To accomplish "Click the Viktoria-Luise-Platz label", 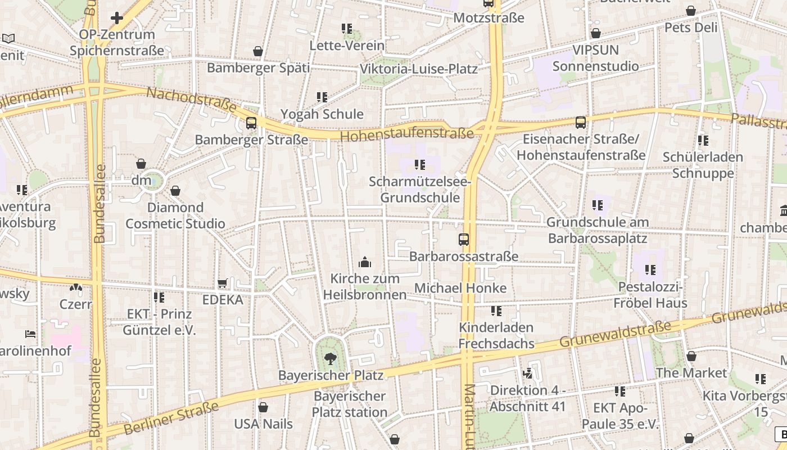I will pos(419,69).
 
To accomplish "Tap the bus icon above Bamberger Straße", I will pos(251,123).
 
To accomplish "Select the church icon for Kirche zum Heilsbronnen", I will pos(365,262).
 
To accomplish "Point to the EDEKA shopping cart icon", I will pos(223,283).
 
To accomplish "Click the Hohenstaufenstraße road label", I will pos(407,134).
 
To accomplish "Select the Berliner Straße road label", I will pos(171,418).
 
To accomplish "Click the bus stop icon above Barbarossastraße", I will pos(463,240).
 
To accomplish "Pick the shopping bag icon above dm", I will pos(141,164).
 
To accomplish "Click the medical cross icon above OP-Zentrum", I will pos(117,18).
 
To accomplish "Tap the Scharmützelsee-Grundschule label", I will pos(420,190).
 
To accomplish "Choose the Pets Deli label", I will pos(691,27).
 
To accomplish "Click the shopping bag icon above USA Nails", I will pos(263,407).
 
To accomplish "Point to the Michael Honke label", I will pos(460,288).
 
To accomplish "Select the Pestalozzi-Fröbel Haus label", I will pos(650,295).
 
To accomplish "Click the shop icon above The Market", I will pos(691,356).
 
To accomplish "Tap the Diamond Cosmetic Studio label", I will pos(175,215).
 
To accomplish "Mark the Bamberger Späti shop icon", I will pos(258,52).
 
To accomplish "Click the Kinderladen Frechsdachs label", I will pos(496,335).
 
